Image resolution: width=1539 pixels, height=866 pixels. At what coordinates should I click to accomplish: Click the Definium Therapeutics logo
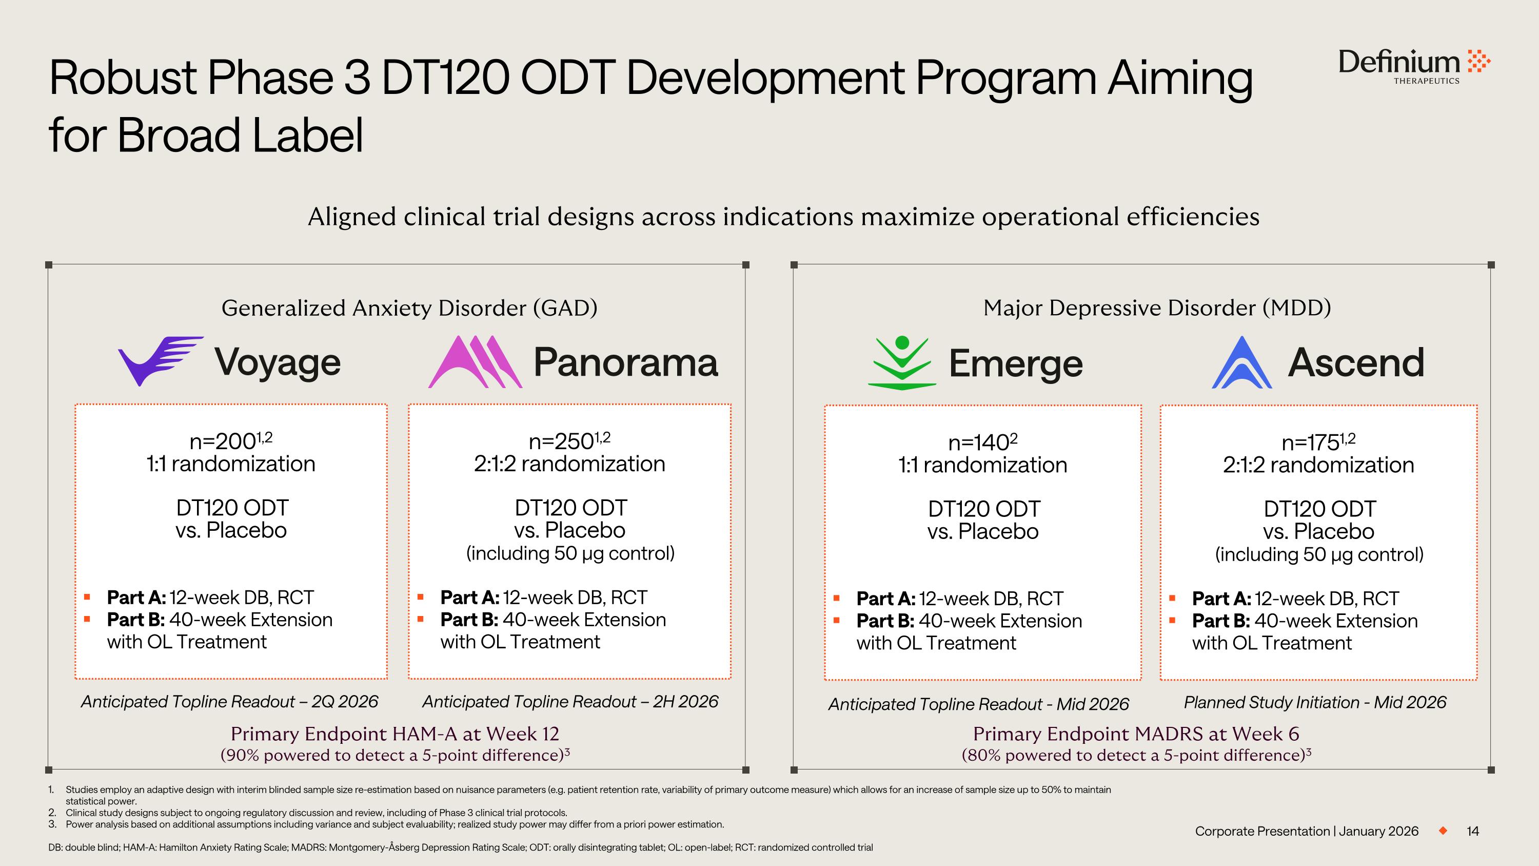[x=1413, y=66]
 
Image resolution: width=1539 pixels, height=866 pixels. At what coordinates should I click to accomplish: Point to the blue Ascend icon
[x=1241, y=363]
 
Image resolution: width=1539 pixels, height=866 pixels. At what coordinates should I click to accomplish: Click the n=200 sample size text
[x=231, y=441]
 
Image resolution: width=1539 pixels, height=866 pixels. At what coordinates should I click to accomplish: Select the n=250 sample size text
[x=569, y=441]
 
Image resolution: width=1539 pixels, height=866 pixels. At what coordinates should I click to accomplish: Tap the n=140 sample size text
[x=982, y=442]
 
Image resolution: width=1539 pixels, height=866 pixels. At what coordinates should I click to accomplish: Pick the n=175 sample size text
[x=1318, y=442]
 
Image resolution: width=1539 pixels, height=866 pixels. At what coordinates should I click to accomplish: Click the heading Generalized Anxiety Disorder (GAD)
[x=409, y=308]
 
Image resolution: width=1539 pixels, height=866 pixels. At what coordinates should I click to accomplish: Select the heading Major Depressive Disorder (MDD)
[x=1157, y=308]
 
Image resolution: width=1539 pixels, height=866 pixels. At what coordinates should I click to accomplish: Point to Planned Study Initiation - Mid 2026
[x=1315, y=702]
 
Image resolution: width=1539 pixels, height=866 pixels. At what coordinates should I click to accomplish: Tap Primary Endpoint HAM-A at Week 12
[x=395, y=734]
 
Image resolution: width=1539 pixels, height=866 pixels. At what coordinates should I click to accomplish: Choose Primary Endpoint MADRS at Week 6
[x=1136, y=734]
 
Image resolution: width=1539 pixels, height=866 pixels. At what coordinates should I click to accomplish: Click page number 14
[x=1473, y=831]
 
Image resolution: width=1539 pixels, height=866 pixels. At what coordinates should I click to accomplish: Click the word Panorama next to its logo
[x=625, y=362]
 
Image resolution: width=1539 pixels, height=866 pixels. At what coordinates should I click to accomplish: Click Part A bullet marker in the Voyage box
[x=87, y=597]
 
